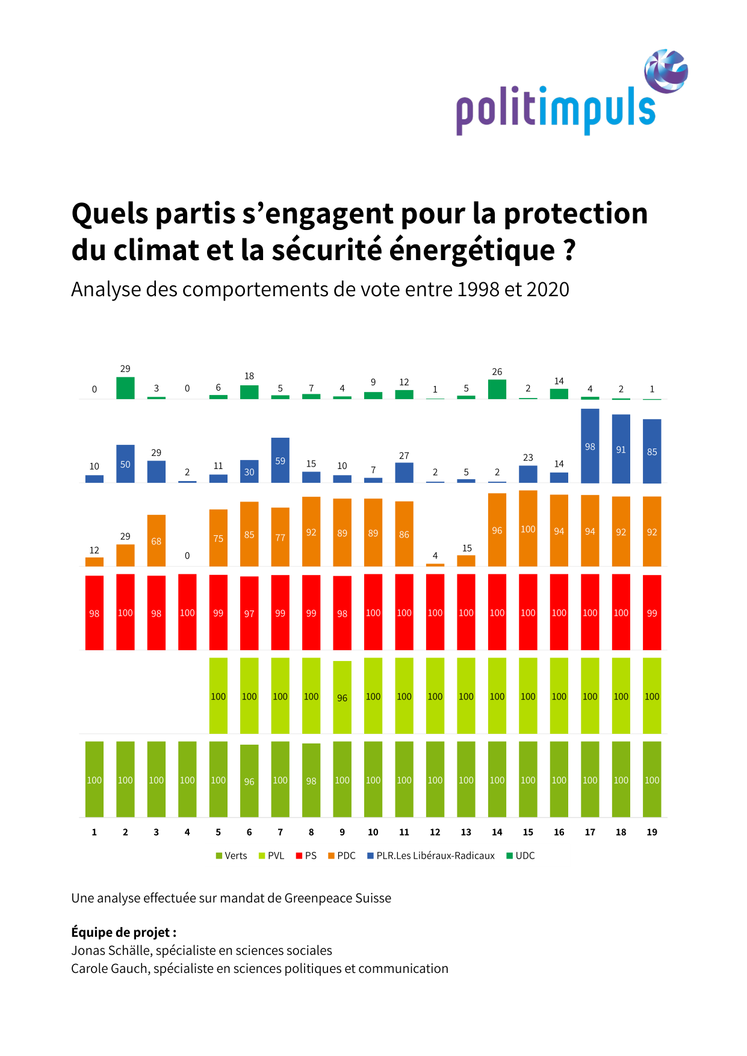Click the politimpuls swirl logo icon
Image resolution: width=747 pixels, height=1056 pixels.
[x=666, y=71]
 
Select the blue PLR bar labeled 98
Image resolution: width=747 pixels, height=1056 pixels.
[x=590, y=446]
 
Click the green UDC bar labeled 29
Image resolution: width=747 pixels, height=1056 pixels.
[x=125, y=388]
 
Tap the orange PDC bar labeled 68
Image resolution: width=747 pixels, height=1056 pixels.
[x=157, y=541]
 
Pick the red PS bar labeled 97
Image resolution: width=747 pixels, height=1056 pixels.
[x=249, y=613]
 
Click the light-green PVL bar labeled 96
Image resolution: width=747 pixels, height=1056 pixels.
[x=342, y=697]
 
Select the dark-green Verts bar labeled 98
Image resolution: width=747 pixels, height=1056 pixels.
[x=311, y=780]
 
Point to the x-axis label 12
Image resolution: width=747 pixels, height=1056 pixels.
[x=435, y=832]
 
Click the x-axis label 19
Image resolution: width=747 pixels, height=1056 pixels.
[x=652, y=832]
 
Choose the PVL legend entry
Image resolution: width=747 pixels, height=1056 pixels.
[x=271, y=856]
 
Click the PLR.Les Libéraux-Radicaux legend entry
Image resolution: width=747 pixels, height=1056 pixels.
[x=431, y=856]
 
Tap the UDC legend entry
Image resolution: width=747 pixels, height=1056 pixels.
[x=521, y=856]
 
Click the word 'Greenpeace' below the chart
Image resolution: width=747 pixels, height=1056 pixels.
[x=314, y=898]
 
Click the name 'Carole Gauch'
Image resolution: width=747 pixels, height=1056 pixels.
[x=109, y=969]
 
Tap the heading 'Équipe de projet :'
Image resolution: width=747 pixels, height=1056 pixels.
[x=123, y=933]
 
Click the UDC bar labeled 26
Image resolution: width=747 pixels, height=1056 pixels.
[x=497, y=390]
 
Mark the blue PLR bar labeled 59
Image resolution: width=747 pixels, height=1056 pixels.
[x=281, y=461]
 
